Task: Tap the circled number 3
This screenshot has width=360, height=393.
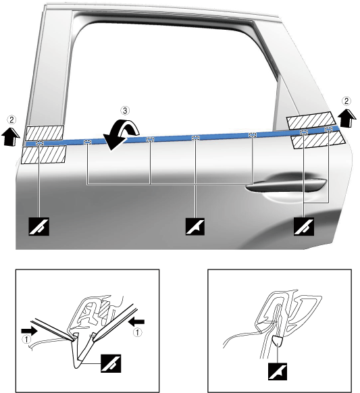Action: (124, 111)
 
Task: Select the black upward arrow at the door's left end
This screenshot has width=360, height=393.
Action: (11, 136)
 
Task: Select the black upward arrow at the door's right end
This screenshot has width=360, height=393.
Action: (346, 117)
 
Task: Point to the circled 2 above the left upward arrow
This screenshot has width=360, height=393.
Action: (11, 120)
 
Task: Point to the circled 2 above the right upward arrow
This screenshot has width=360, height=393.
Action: (346, 101)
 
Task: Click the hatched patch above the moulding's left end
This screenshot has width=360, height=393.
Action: (45, 133)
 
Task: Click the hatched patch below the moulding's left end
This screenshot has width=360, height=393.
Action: (44, 155)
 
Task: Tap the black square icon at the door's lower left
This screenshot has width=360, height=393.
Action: (39, 227)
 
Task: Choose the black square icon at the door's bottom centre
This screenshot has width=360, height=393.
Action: (195, 227)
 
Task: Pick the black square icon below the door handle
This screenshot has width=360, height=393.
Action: (304, 227)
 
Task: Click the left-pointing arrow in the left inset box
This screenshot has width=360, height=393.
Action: (136, 321)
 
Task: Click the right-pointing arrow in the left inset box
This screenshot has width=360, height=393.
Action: (30, 331)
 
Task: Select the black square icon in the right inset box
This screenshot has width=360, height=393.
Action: (278, 371)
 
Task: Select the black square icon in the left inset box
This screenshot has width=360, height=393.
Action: (111, 363)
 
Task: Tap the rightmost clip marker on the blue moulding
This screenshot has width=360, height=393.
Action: (328, 130)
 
